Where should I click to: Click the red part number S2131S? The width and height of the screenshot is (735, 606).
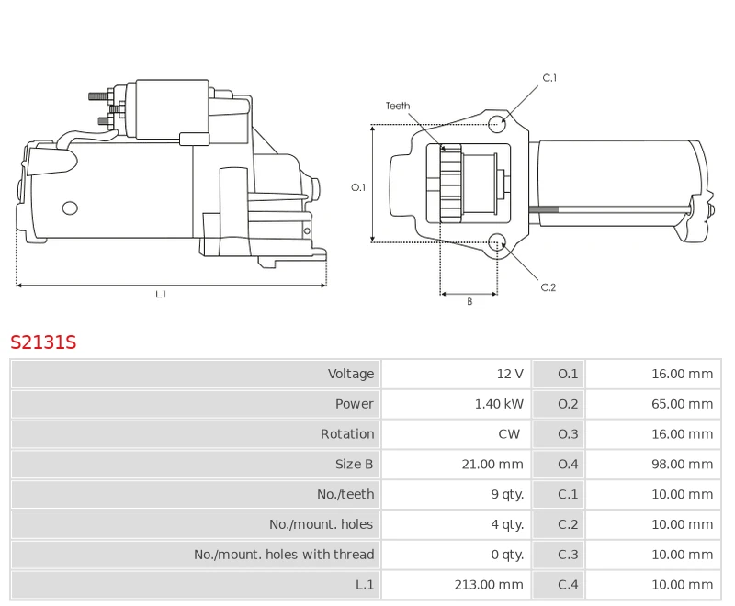coord(43,342)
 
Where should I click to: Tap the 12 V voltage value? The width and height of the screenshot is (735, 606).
coord(510,374)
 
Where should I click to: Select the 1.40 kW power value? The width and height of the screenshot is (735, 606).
coord(499,404)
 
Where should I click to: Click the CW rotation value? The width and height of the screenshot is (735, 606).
coord(509,434)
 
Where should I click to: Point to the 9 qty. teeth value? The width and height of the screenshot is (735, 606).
coord(507,494)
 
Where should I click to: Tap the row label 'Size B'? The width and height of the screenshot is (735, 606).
coord(354,465)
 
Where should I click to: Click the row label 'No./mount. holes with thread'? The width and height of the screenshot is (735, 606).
coord(284,555)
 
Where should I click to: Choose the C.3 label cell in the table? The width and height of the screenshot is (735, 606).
coord(568,555)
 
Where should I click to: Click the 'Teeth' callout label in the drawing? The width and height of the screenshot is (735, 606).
coord(398,107)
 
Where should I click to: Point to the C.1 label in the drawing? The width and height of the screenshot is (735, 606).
coord(549,78)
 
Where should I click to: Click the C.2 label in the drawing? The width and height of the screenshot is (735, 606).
coord(548,287)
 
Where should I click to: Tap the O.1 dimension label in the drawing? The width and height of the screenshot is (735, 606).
coord(358,187)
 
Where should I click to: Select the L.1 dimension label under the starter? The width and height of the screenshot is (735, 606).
coord(161,294)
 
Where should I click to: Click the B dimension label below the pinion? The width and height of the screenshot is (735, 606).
coord(469,301)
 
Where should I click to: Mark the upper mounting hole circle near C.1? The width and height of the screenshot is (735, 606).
coord(497,124)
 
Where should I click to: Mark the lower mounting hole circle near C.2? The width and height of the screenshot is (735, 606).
coord(497,242)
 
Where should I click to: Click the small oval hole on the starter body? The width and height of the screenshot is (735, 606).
coord(70,208)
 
